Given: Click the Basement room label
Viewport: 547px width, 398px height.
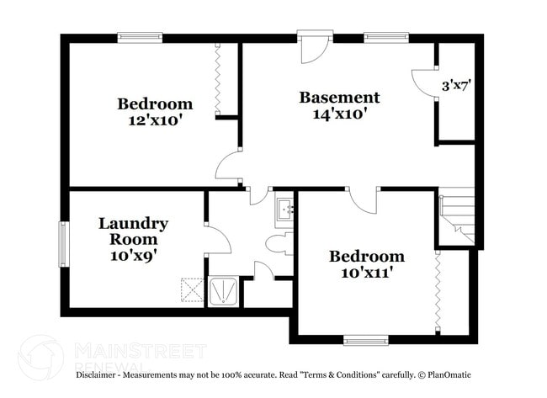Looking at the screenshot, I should [x=339, y=97].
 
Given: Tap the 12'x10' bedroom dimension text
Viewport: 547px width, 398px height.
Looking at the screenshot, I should [x=154, y=120].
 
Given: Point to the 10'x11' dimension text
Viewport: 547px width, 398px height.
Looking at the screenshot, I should [x=366, y=272].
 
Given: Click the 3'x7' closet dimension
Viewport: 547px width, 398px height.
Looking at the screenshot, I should [x=456, y=86].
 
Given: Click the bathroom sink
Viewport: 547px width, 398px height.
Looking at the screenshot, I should [x=284, y=210].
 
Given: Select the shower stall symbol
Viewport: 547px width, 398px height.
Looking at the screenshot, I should [x=223, y=291].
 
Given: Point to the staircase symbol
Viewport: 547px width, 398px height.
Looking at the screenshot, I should [x=457, y=217].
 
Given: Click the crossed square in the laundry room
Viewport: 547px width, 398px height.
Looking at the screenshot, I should [x=193, y=290].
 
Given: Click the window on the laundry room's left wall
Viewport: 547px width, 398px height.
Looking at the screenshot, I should [x=63, y=244].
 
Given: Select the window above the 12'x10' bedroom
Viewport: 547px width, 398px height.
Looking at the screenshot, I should [x=140, y=37].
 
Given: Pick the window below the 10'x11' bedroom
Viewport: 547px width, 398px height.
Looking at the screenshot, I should [x=366, y=340].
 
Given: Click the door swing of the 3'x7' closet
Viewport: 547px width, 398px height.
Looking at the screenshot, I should [x=423, y=82].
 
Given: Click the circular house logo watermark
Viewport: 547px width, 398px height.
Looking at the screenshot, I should [x=40, y=357].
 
